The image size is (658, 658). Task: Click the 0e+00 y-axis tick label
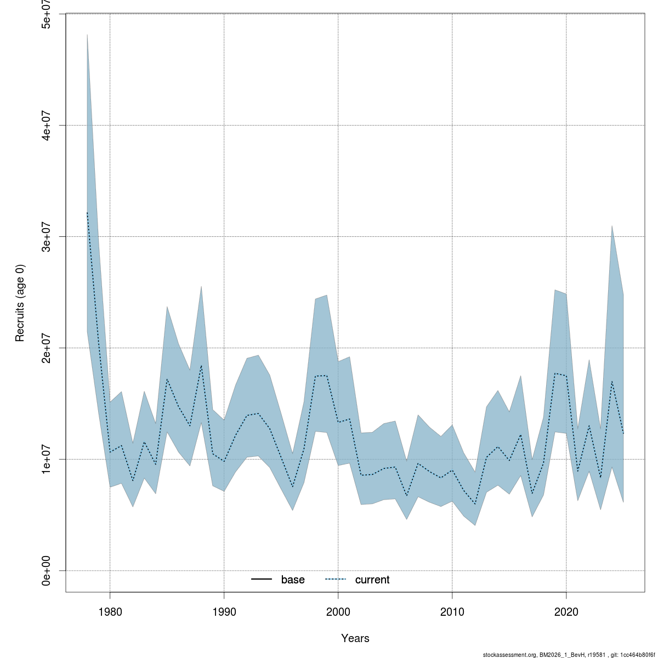pos(48,570)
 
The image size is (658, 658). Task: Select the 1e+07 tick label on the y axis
pos(48,459)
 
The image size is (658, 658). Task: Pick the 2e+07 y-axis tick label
pos(48,348)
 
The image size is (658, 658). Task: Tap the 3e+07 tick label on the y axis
pos(48,236)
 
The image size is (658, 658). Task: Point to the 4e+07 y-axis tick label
pos(48,125)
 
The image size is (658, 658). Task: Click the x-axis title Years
pos(355,638)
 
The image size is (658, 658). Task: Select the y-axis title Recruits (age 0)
pos(20,303)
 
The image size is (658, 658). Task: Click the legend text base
pos(293,580)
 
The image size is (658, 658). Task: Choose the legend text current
pos(372,580)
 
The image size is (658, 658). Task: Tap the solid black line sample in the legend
pos(262,580)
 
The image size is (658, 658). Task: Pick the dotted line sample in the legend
pos(336,580)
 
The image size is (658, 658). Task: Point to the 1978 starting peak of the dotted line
pos(87,213)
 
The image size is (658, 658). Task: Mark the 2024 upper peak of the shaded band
pos(612,225)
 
